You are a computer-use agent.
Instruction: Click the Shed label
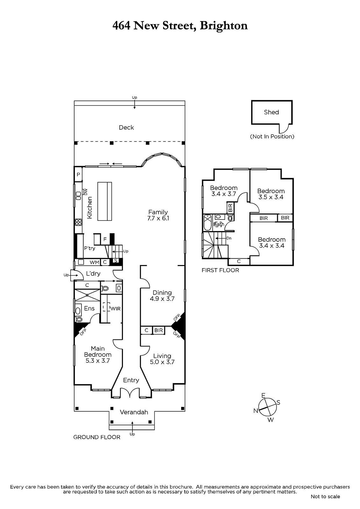pyautogui.click(x=271, y=112)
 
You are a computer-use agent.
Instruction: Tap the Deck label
pyautogui.click(x=126, y=128)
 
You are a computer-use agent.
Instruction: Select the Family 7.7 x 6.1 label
pyautogui.click(x=158, y=215)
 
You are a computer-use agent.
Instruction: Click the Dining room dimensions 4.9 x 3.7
pyautogui.click(x=162, y=299)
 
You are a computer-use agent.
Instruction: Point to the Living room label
pyautogui.click(x=162, y=356)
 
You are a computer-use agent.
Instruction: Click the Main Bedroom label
pyautogui.click(x=98, y=352)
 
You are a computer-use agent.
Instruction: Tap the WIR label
pyautogui.click(x=115, y=309)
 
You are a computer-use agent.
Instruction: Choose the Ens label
pyautogui.click(x=89, y=308)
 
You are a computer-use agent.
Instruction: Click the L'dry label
pyautogui.click(x=93, y=274)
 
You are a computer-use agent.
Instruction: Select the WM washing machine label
pyautogui.click(x=95, y=262)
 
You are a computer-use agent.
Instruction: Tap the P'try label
pyautogui.click(x=89, y=248)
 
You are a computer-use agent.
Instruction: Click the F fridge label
pyautogui.click(x=105, y=239)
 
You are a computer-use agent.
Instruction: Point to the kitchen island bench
pyautogui.click(x=105, y=201)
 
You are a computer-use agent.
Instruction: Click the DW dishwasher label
pyautogui.click(x=86, y=192)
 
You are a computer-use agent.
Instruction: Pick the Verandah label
pyautogui.click(x=134, y=412)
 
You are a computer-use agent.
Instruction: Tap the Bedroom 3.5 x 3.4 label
pyautogui.click(x=271, y=194)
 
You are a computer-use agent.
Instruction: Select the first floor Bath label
pyautogui.click(x=219, y=224)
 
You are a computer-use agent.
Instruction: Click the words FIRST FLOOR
pyautogui.click(x=220, y=270)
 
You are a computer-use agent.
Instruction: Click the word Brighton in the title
pyautogui.click(x=224, y=26)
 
